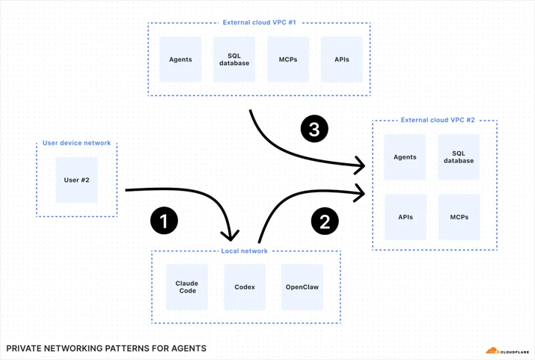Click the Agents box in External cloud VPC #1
180,59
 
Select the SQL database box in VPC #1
234,59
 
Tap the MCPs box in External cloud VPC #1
288,59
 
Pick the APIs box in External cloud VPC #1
341,59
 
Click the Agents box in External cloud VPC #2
405,157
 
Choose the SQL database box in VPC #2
459,157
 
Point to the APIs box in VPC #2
406,217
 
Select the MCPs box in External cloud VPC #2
459,217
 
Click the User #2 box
77,180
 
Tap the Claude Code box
187,287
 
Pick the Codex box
245,287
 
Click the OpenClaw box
302,287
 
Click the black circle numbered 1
164,221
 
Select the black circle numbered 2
325,221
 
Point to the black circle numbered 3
314,129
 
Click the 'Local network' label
244,251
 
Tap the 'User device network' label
76,143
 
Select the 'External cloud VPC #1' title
260,22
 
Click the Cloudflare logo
507,351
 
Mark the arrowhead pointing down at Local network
230,237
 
